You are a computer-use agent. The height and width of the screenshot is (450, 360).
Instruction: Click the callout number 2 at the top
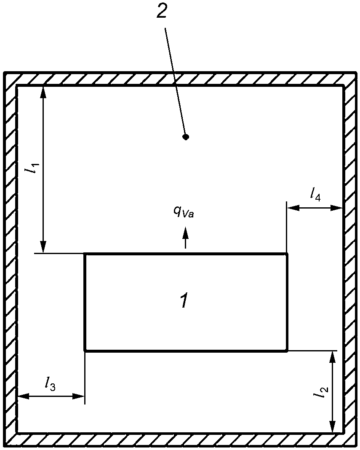tap(162, 12)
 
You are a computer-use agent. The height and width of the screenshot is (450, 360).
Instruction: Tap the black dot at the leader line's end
tap(186, 137)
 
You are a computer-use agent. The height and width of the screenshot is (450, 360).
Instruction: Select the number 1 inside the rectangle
tap(184, 301)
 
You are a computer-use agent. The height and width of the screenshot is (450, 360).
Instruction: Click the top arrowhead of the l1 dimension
tap(43, 91)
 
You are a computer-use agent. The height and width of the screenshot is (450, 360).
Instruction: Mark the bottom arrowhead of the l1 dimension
tap(43, 247)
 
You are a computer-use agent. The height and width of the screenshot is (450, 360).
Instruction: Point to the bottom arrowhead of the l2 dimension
tap(332, 427)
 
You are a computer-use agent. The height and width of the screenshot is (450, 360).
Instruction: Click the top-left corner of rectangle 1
tap(85, 254)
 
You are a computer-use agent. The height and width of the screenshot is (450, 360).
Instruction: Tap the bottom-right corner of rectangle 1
tap(287, 350)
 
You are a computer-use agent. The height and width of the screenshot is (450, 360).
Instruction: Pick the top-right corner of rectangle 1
tap(287, 254)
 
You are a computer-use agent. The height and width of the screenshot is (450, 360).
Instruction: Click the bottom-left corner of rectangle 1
tap(85, 350)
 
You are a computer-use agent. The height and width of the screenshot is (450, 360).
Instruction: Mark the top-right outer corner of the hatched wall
tap(356, 73)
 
